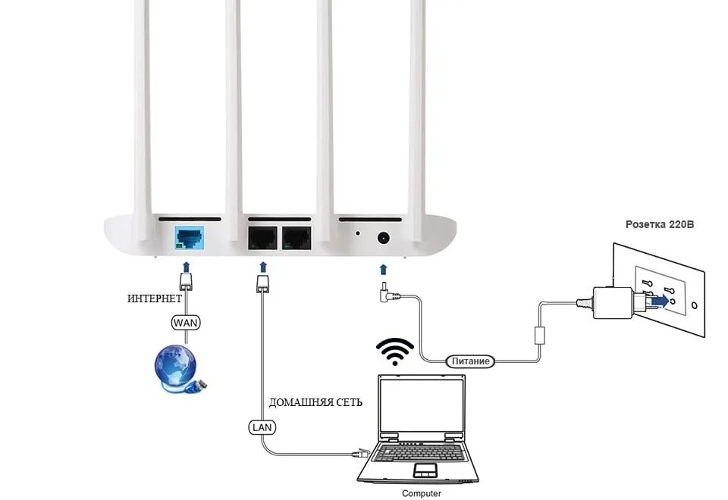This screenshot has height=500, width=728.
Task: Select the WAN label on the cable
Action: tap(187, 322)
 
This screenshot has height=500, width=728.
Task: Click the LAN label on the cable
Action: tap(262, 427)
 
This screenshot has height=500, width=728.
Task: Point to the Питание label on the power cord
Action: tap(470, 361)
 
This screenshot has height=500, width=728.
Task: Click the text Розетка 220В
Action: tap(660, 225)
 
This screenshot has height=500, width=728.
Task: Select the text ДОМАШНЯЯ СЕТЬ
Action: tap(315, 402)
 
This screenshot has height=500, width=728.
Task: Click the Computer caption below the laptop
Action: tap(422, 493)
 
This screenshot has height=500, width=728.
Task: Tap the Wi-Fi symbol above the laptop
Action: tap(395, 352)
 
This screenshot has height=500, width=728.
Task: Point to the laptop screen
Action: tap(421, 408)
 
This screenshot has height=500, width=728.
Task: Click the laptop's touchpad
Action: tap(425, 471)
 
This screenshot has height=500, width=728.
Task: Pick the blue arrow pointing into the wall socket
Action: tap(661, 301)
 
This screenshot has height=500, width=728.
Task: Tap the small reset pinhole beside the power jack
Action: tap(357, 233)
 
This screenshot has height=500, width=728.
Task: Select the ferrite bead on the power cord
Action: tap(541, 334)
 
